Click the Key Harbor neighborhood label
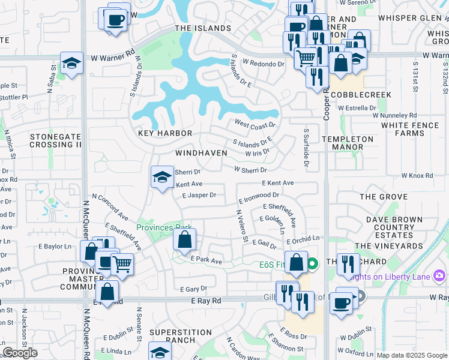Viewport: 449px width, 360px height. tap(165, 133)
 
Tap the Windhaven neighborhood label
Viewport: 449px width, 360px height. tap(201, 153)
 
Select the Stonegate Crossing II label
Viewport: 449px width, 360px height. tap(55, 141)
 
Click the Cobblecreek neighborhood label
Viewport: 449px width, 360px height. tap(361, 95)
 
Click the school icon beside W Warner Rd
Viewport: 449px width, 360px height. tap(71, 63)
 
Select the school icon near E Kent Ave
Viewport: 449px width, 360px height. tap(161, 176)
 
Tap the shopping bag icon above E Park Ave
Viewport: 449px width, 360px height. tap(185, 239)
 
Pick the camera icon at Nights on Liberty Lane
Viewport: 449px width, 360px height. tap(439, 275)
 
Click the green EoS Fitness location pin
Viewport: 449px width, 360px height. tap(312, 264)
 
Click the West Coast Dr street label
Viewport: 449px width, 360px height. tap(255, 124)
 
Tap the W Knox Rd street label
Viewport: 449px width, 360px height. tap(421, 176)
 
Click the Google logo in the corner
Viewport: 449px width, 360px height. tap(20, 353)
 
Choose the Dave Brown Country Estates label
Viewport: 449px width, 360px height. tap(394, 228)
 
